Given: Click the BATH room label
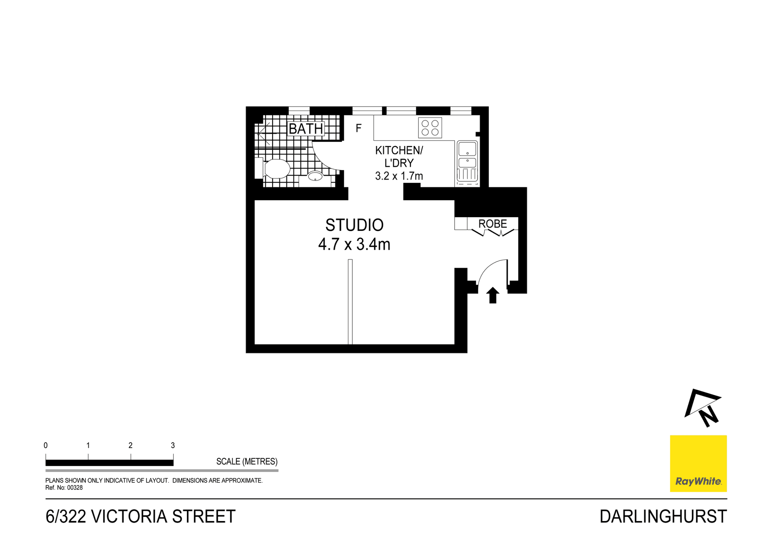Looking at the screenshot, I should [x=306, y=129].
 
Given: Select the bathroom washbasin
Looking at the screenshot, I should [x=315, y=176].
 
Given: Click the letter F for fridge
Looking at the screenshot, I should [x=358, y=128].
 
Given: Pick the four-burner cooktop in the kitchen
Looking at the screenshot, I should [x=430, y=128].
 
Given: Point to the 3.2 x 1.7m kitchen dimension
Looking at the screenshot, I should [x=399, y=176].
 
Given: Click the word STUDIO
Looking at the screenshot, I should [x=354, y=225].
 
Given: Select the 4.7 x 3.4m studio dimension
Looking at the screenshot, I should [x=354, y=244].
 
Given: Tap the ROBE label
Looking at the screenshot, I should [x=492, y=224].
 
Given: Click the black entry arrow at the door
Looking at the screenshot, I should [x=492, y=295].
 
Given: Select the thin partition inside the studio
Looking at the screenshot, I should [x=350, y=302].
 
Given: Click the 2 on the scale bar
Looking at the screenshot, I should [x=130, y=445].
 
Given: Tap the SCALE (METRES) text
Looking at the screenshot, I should [x=246, y=461].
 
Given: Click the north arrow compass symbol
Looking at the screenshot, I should [x=703, y=407].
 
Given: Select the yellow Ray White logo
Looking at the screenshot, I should [x=698, y=463].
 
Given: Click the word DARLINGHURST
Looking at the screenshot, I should [x=663, y=517].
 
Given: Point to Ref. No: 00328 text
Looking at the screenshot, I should [x=64, y=488].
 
